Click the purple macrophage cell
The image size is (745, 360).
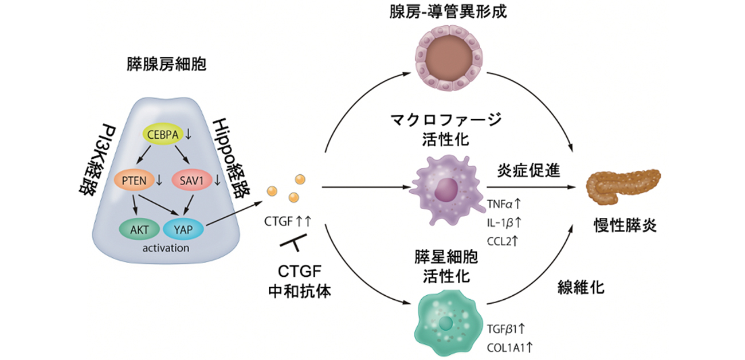[x=446, y=190]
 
